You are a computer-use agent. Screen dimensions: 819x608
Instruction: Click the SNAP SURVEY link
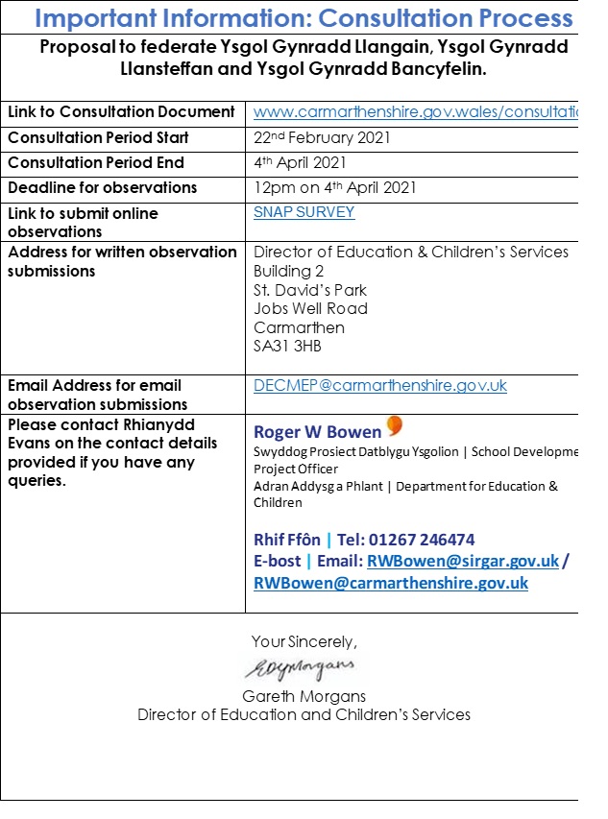tap(304, 212)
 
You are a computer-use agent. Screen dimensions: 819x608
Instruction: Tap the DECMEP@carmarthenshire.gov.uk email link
tap(380, 386)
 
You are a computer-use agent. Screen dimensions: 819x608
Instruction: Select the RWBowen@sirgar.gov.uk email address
tap(463, 562)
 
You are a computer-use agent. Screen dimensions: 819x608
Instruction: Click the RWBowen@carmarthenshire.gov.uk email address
tap(391, 583)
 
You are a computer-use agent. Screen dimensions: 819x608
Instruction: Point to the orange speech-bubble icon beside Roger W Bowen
tap(395, 426)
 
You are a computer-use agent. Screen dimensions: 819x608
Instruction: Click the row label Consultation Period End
tap(96, 162)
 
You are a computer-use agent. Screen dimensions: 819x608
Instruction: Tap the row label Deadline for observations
tap(103, 187)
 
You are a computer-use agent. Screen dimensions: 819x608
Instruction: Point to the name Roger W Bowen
tap(317, 432)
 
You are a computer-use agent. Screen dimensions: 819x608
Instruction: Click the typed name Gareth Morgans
tap(304, 696)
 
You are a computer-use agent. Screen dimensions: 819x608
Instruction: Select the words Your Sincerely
tap(304, 641)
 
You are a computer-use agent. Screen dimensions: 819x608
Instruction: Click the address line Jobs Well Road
tap(310, 308)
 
